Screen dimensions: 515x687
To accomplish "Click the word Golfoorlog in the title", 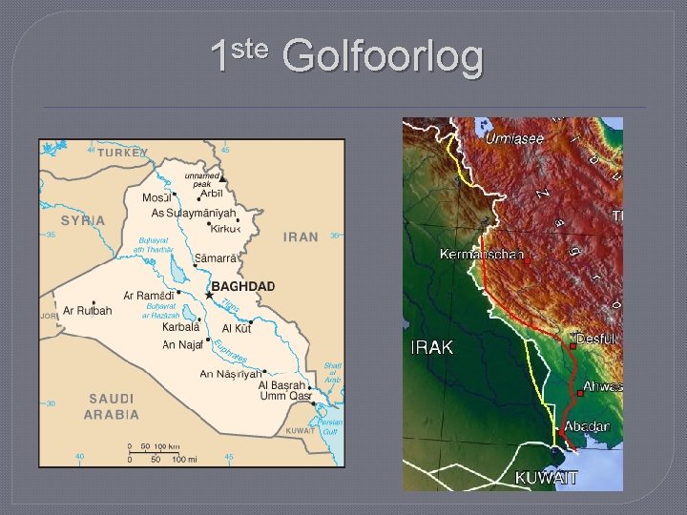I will pos(384,57).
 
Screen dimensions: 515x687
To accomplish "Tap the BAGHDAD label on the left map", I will pos(242,287).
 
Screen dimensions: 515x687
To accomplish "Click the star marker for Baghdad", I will pos(209,296).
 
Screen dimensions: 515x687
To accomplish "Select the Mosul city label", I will pos(157,197).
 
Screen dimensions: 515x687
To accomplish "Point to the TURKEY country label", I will pos(119,152).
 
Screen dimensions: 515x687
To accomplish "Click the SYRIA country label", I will pos(83,219).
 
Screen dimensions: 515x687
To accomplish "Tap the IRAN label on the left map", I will pos(301,237).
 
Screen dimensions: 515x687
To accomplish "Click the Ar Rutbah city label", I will pos(88,311).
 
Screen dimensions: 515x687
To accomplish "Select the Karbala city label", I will pos(181,327).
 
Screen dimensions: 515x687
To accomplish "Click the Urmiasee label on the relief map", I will pos(514,138).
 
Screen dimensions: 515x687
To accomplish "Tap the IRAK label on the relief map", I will pos(431,347).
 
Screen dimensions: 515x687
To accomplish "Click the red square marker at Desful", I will pos(572,347).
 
